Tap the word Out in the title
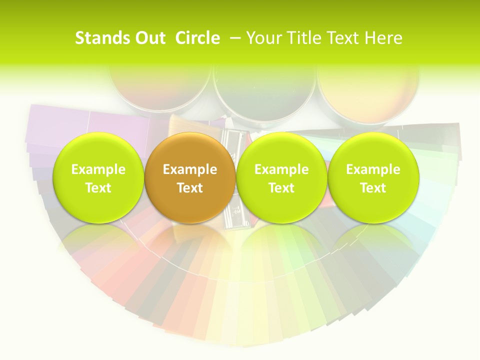coord(149,38)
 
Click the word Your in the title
coord(263,38)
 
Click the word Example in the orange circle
coord(190,169)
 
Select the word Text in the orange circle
coord(190,188)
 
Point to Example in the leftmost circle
coord(98,169)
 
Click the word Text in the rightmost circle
coord(373,188)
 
